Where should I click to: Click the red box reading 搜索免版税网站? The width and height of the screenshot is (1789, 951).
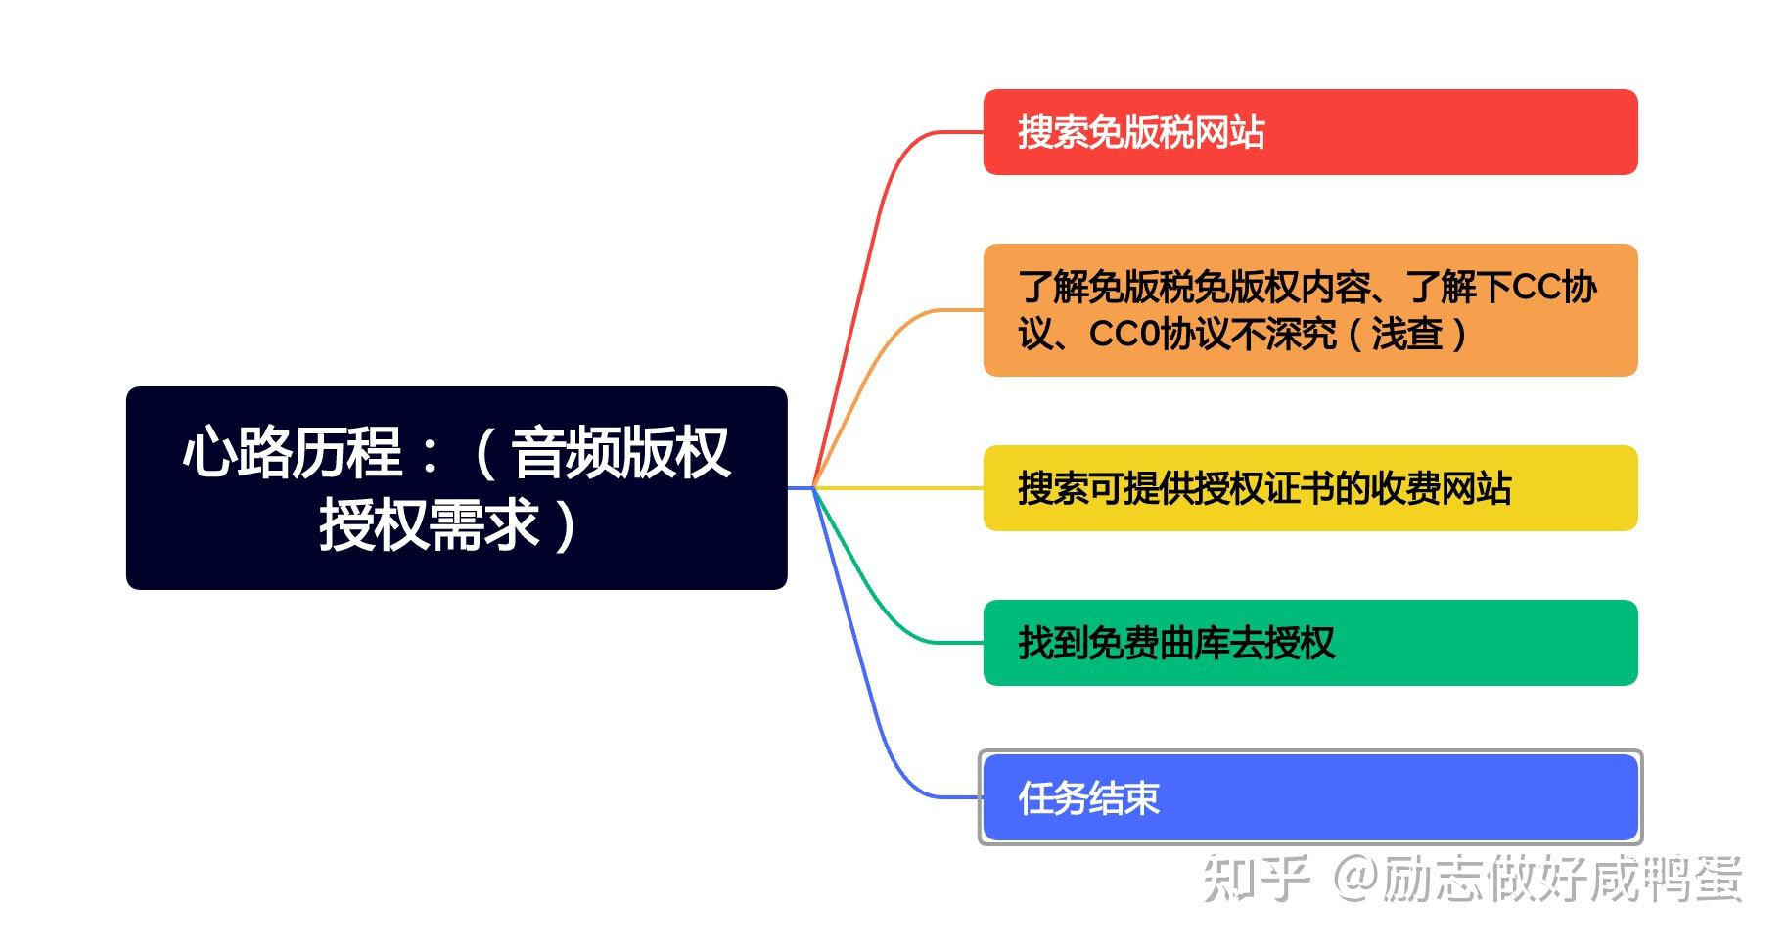1309,132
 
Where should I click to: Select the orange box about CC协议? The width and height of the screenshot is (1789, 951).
1309,310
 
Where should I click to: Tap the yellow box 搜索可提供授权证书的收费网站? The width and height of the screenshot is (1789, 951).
1309,488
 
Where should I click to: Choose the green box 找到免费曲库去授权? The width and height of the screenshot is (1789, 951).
1309,643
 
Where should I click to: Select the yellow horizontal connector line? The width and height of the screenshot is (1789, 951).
900,487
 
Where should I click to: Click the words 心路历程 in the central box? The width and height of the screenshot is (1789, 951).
292,453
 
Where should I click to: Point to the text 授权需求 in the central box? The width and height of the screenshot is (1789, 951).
429,524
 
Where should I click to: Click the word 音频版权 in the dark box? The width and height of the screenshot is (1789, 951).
620,453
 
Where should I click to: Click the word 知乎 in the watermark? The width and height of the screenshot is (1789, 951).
1256,878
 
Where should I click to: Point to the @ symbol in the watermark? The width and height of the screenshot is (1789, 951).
1354,878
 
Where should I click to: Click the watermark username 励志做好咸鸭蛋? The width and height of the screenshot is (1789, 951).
1562,878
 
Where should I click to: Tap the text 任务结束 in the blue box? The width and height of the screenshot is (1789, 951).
1088,798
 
